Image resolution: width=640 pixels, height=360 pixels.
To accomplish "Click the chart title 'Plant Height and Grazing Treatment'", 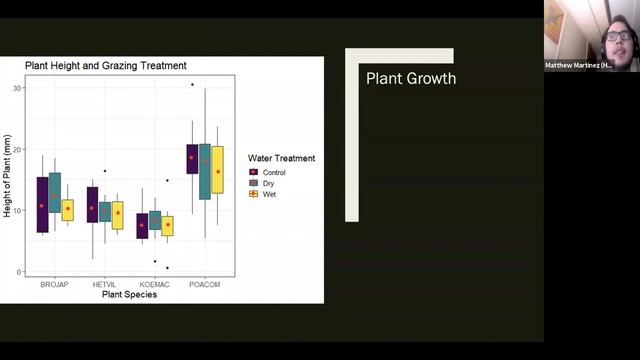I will point(106,66).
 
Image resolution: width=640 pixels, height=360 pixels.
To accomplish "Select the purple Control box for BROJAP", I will point(42,204).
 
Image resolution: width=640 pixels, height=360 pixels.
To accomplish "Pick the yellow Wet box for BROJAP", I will point(68,210).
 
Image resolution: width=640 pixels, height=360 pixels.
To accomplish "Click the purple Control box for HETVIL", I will point(92,204).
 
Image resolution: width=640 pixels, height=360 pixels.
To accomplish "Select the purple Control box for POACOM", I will point(191,159).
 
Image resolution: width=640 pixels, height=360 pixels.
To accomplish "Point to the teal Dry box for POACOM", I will point(204,171).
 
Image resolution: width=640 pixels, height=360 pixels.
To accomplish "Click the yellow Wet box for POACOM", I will point(217,169).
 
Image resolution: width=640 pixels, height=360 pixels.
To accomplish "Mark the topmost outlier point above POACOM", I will point(191,85).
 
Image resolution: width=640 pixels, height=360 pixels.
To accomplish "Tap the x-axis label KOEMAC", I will point(154,284).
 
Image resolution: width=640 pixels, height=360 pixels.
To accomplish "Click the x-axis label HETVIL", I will point(104,284).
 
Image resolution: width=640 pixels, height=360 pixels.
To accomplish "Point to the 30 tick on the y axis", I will point(18,88).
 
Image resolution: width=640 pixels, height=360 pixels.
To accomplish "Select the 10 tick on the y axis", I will point(18,210).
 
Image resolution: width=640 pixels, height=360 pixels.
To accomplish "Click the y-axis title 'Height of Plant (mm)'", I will point(8,180).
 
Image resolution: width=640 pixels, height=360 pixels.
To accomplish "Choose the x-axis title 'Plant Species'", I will point(129,294).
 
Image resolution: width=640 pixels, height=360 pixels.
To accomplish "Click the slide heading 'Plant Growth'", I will point(410,78).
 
